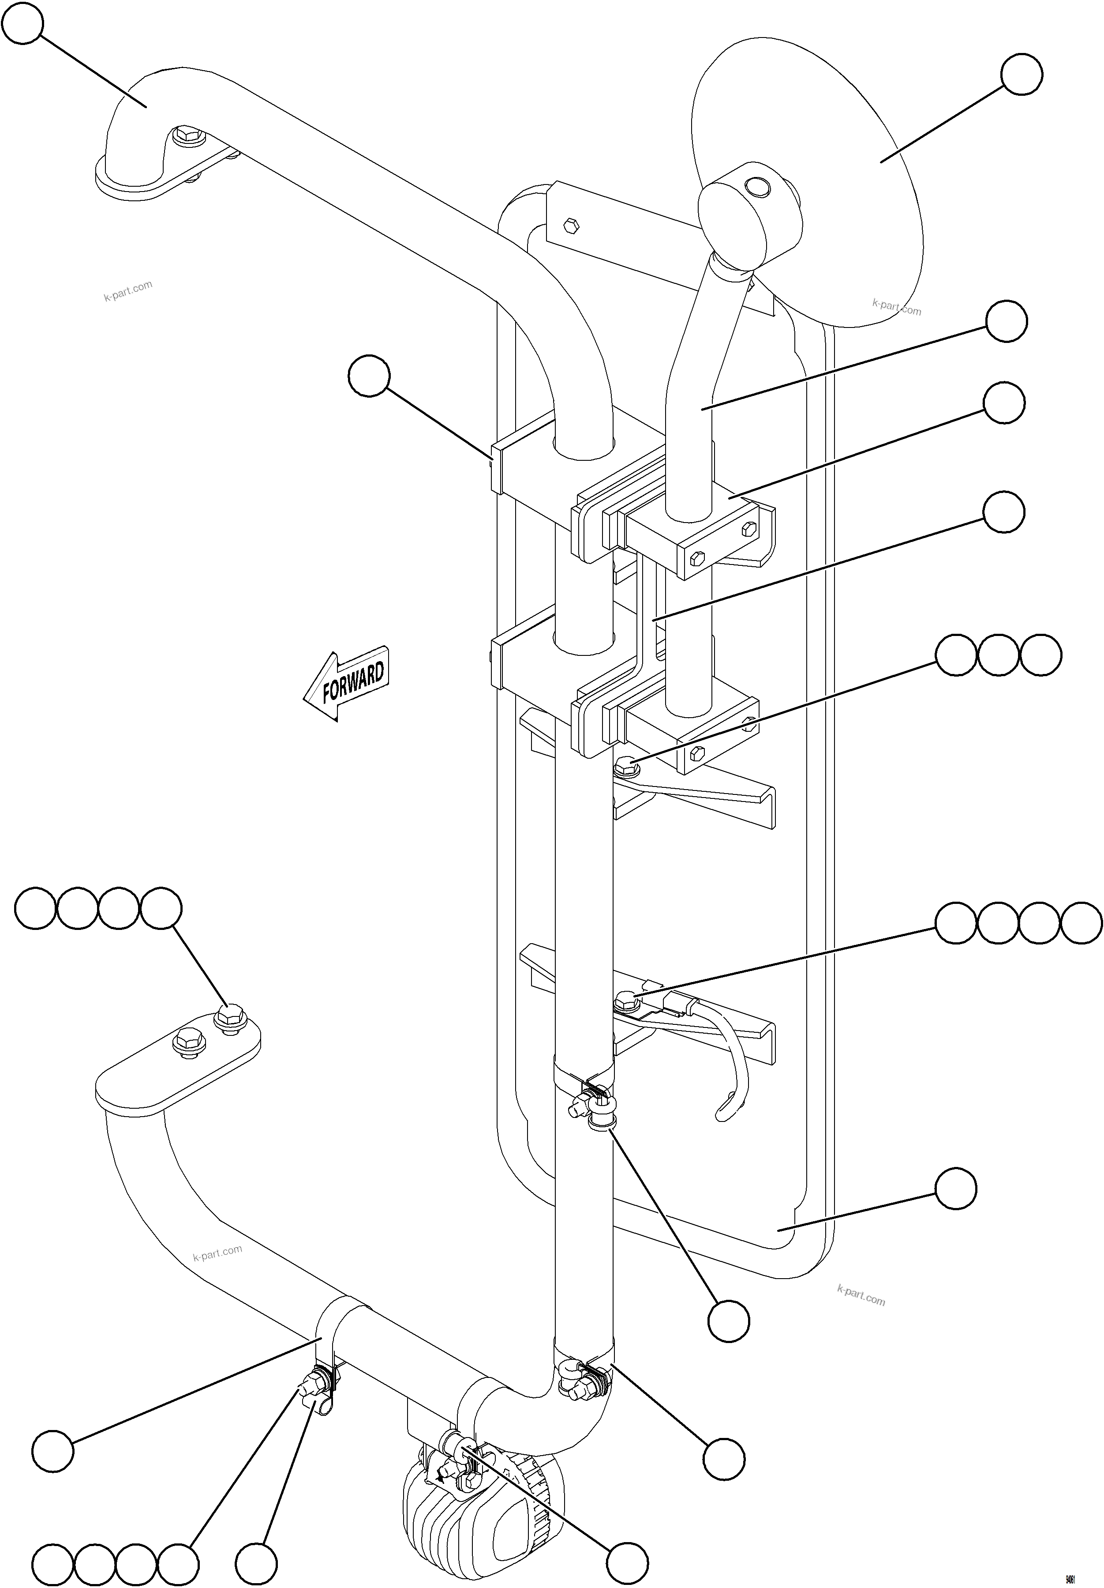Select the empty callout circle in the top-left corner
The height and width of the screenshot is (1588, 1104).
pos(23,23)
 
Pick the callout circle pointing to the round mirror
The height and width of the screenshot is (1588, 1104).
pos(1021,75)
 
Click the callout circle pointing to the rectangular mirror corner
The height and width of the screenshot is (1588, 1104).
pos(955,1188)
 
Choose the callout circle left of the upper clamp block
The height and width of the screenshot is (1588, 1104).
pos(369,376)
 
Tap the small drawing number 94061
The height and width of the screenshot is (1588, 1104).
pos(1070,1576)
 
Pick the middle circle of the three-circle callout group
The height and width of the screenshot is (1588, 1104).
pos(998,655)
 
